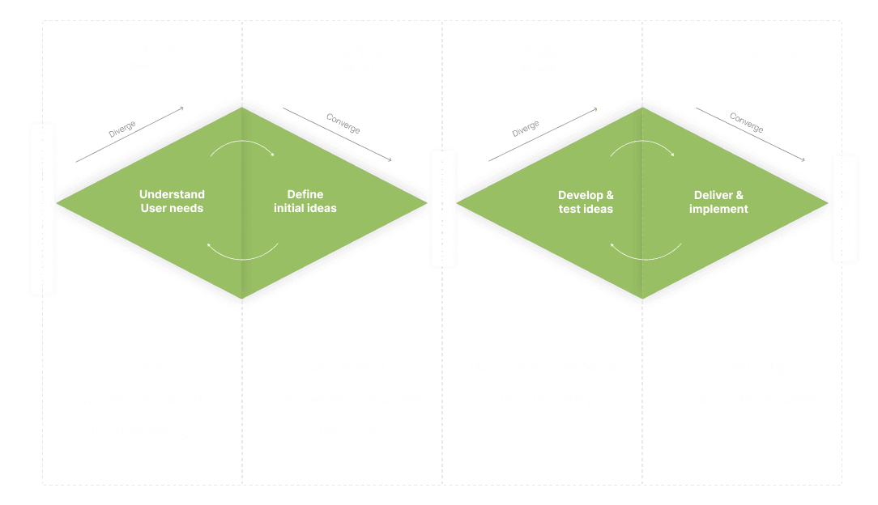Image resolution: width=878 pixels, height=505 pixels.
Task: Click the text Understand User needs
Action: coord(172,202)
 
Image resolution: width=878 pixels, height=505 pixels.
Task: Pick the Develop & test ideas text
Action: coord(586,202)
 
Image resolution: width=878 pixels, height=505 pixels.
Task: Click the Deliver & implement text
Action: coord(718,202)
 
